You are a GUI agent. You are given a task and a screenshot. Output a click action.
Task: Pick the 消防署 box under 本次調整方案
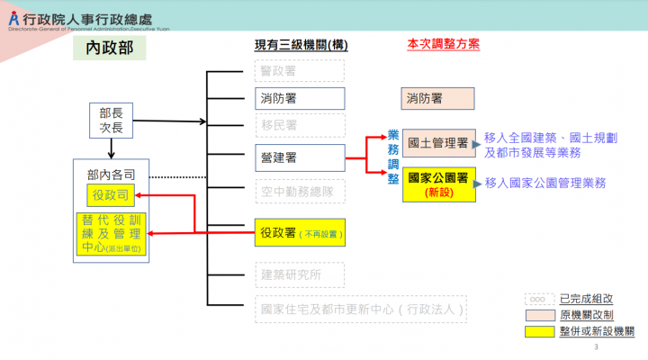[x=437, y=98]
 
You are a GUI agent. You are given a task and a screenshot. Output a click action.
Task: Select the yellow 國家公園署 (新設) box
[x=437, y=183]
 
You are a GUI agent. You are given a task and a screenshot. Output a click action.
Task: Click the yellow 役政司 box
[x=111, y=193]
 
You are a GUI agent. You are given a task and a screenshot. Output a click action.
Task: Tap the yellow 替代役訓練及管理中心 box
[x=111, y=233]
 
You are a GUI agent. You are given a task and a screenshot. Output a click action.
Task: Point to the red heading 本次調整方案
[x=443, y=43]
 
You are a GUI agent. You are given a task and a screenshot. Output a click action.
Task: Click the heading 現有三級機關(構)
[x=301, y=45]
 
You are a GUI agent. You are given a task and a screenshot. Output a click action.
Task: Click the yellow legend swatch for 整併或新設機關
[x=538, y=331]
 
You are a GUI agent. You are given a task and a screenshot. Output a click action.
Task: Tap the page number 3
[x=597, y=346]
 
